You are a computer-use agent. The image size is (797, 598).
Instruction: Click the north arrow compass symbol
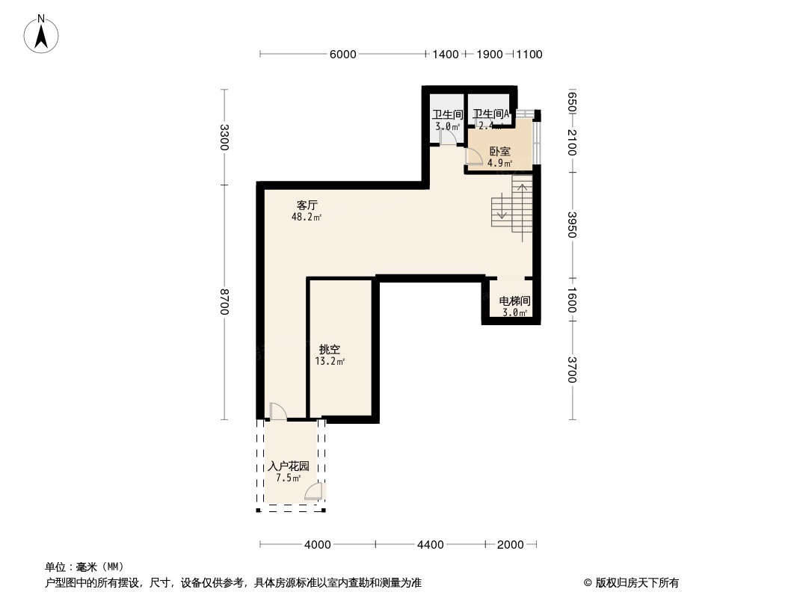(41, 34)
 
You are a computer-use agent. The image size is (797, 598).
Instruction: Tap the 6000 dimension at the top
(343, 55)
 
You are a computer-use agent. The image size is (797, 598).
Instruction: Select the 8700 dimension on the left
(224, 302)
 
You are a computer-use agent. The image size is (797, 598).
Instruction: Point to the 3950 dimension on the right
(572, 224)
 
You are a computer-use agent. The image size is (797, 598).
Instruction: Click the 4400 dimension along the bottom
(431, 545)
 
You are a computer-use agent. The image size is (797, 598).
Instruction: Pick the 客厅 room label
(307, 206)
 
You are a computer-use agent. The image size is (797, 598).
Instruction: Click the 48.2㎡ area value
(307, 218)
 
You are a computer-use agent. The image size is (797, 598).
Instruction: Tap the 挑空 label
(330, 350)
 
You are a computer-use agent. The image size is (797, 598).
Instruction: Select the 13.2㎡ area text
(330, 362)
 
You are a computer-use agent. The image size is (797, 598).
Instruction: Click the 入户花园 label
(288, 466)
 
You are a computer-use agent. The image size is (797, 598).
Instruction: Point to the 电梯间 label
(514, 300)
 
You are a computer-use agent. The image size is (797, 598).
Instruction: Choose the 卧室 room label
(500, 152)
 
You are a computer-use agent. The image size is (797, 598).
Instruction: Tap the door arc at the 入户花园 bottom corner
(313, 491)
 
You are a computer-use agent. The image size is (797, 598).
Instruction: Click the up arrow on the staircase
(522, 212)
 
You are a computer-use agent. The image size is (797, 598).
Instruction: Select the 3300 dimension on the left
(224, 138)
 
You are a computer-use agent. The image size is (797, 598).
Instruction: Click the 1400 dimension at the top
(446, 55)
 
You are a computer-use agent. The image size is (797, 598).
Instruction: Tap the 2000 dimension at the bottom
(511, 545)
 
